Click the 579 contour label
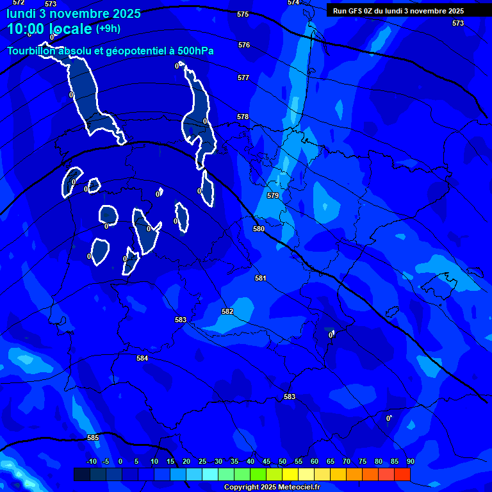tap(273, 195)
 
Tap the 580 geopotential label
tap(259, 229)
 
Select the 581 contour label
tap(261, 279)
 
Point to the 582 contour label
tap(227, 312)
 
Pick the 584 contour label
tap(142, 359)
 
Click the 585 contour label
tap(93, 438)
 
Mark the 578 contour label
tap(243, 117)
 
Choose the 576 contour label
tap(244, 45)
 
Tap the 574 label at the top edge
tap(293, 3)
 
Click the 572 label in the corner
tap(19, 3)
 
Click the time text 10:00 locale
tap(49, 29)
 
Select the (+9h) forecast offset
tap(108, 28)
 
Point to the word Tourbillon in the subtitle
tap(31, 51)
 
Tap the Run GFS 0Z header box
tap(398, 11)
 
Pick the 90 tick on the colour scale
tap(410, 462)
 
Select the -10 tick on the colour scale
tap(92, 462)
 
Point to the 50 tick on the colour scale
tap(283, 462)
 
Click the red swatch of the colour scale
tap(402, 474)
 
